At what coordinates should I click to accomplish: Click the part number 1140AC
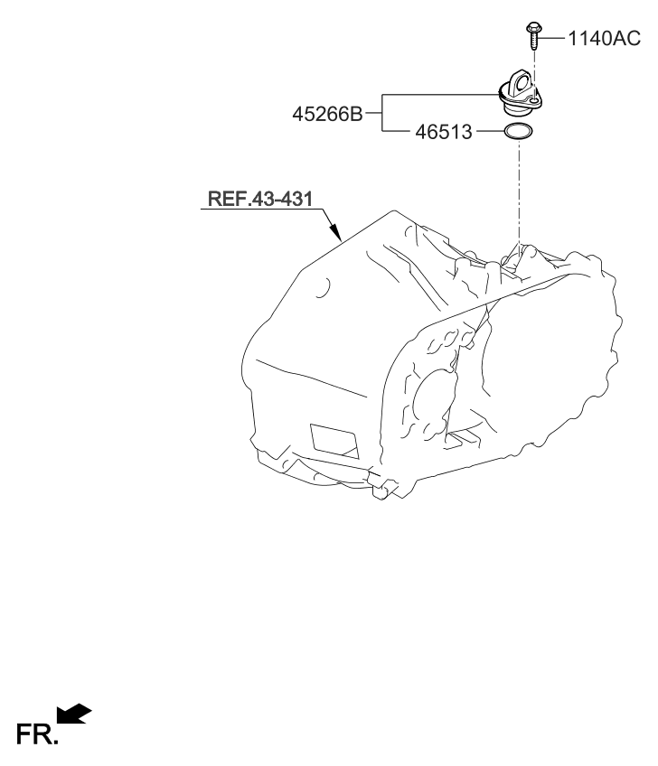click(x=605, y=38)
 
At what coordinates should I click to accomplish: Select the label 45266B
click(x=327, y=114)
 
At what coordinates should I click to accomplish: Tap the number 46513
click(x=444, y=132)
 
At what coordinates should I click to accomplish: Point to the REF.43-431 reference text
click(x=260, y=199)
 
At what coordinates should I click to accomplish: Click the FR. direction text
click(x=37, y=733)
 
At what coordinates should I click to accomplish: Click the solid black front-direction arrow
click(x=74, y=714)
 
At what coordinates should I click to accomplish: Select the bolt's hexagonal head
click(x=533, y=27)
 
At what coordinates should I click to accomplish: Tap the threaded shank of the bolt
click(x=534, y=41)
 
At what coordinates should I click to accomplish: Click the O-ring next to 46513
click(x=518, y=131)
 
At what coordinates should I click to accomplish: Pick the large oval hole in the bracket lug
click(x=522, y=84)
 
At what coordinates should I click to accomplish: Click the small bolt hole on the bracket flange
click(x=535, y=100)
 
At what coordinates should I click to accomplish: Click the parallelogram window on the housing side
click(x=334, y=441)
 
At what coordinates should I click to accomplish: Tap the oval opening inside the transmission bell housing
click(x=434, y=400)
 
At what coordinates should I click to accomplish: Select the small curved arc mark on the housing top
click(x=324, y=288)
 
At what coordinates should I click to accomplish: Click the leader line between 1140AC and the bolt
click(x=551, y=38)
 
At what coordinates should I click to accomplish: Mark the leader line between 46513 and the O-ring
click(x=489, y=131)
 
